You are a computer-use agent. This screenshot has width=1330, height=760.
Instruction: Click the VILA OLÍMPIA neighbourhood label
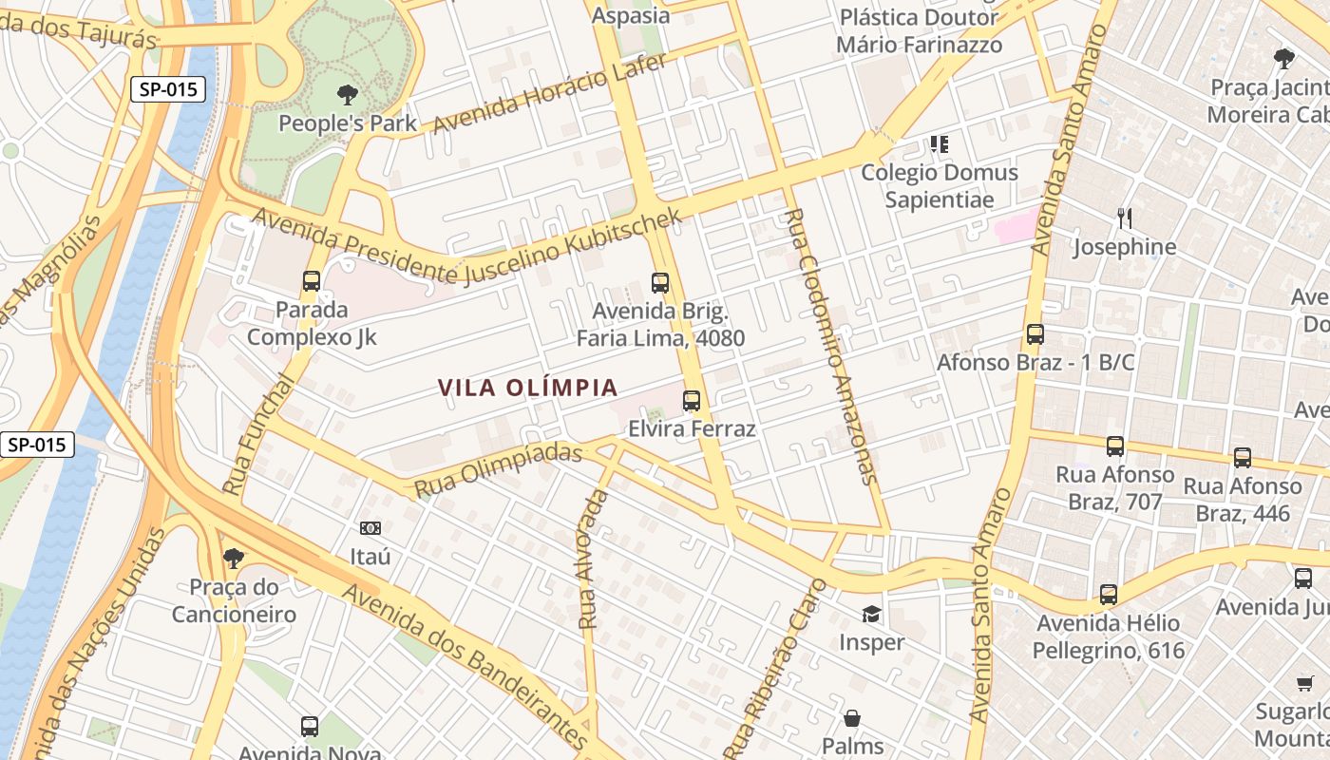[x=528, y=388]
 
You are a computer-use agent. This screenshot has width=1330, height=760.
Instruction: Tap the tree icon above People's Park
[x=348, y=94]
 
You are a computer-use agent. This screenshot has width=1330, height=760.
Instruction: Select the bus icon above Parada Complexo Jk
[x=312, y=280]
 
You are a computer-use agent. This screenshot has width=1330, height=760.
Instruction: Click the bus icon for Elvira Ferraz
[x=692, y=400]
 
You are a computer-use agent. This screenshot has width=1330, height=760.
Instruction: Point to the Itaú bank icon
[x=370, y=528]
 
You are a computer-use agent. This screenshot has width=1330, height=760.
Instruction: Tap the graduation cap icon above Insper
[x=871, y=615]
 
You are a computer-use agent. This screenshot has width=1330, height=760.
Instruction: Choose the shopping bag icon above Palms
[x=852, y=718]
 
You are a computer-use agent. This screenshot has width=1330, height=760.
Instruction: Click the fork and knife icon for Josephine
[x=1125, y=218]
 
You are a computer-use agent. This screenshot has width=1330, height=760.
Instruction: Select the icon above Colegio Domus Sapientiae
[x=940, y=144]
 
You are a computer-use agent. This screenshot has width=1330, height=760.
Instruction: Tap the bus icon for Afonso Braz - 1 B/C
[x=1035, y=334]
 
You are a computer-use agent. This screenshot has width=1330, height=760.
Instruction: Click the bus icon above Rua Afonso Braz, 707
[x=1115, y=446]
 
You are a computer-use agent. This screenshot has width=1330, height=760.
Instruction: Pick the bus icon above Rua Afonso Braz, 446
[x=1243, y=457]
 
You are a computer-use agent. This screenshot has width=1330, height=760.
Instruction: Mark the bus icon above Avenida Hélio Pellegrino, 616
[x=1109, y=595]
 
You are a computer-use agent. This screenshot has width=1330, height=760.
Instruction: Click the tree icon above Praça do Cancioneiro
[x=234, y=558]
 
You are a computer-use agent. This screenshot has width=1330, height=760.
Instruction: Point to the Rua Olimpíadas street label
[x=498, y=469]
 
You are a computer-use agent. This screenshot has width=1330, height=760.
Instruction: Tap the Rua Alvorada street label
[x=591, y=560]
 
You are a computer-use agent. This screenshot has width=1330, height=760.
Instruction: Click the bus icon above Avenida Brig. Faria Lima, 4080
[x=660, y=282]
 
